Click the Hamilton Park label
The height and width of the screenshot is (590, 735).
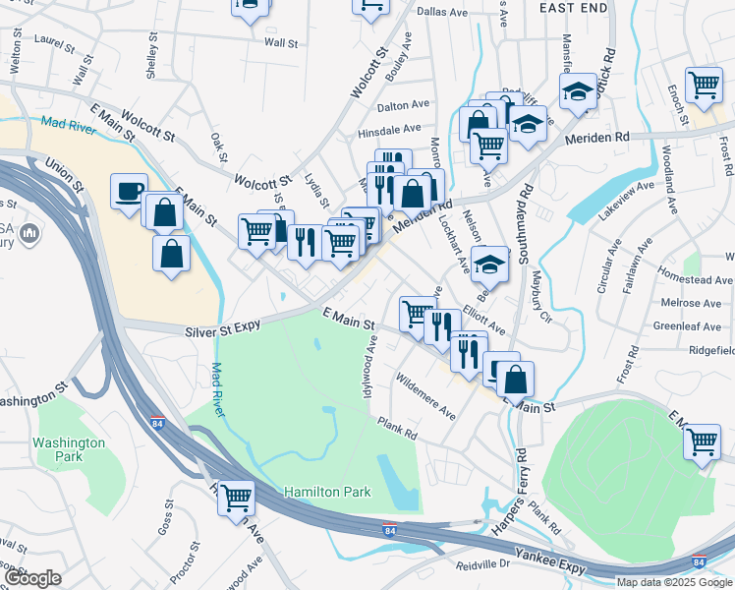coord(327,492)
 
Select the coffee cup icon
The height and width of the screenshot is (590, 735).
coord(129,191)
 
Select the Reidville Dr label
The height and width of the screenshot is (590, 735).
coord(484,564)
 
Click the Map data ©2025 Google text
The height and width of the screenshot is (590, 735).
coord(674,582)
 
